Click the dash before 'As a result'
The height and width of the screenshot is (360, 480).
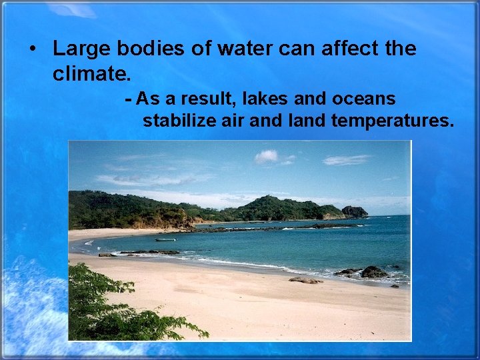point(129,99)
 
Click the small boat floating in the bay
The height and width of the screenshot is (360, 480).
point(165,239)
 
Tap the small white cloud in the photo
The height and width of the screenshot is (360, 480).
point(267,156)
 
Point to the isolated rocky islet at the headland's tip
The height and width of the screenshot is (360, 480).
point(354,211)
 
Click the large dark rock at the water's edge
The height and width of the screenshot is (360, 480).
point(373,271)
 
